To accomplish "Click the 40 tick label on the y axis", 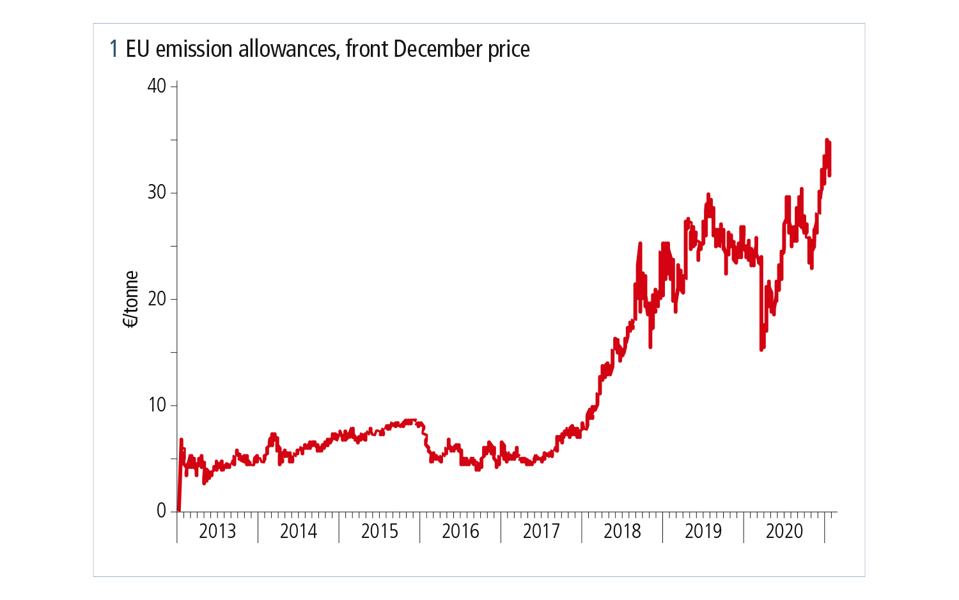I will [x=157, y=86].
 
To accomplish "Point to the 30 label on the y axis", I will [x=157, y=192].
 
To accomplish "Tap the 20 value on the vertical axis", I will [x=157, y=298].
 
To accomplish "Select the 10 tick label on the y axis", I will [x=157, y=405].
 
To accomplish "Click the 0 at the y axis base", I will [x=161, y=511].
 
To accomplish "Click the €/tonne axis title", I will [x=131, y=299].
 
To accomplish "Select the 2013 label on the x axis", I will [x=217, y=531].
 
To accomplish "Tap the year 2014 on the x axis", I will [x=299, y=531].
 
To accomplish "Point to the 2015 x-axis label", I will [x=379, y=531].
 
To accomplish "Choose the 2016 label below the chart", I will [x=460, y=531].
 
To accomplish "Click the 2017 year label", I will [x=542, y=531].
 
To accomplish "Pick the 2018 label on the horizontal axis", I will [x=622, y=531].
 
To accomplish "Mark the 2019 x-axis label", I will [x=703, y=531].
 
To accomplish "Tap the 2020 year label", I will [x=784, y=531].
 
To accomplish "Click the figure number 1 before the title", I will [x=114, y=49].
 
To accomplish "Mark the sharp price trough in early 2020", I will [x=761, y=349].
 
